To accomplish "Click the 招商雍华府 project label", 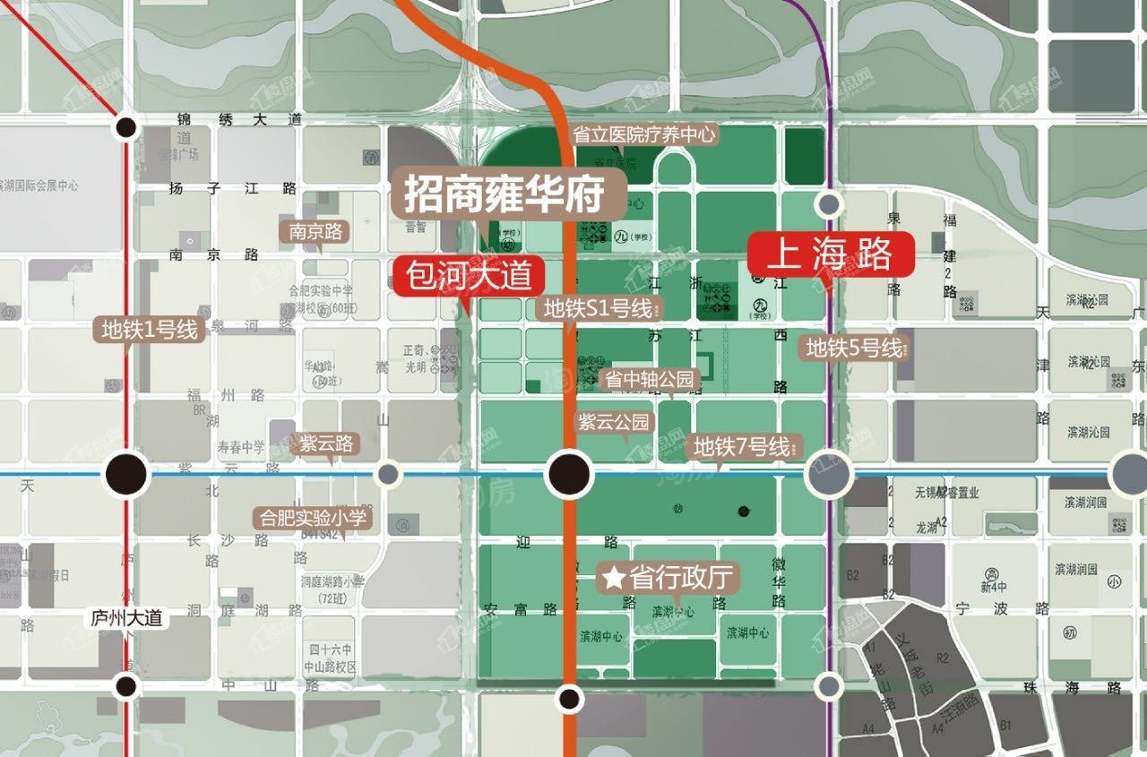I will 502,194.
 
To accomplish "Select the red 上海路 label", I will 831,254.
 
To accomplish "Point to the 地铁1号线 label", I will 150,329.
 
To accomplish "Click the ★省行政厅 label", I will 668,578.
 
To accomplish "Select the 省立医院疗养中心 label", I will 644,134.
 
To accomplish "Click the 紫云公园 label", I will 616,422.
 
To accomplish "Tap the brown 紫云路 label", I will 326,443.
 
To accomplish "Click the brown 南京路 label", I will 315,232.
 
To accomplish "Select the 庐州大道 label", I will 127,617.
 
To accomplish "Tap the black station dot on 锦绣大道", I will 126,127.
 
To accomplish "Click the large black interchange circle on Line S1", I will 570,473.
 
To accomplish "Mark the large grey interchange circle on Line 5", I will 829,474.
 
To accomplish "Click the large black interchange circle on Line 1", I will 126,473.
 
